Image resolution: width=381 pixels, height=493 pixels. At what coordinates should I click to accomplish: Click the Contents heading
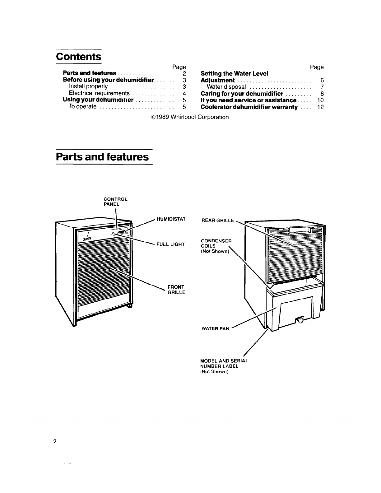tap(78, 57)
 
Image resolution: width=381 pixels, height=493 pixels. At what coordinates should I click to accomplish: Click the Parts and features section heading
tap(102, 157)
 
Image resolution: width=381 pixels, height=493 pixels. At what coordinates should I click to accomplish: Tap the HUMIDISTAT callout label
tap(171, 219)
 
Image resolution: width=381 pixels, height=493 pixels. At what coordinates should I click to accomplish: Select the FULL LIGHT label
tap(170, 244)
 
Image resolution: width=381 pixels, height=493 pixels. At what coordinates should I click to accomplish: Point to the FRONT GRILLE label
tap(176, 290)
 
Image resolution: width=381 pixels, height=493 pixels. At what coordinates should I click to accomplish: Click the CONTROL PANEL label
tap(115, 202)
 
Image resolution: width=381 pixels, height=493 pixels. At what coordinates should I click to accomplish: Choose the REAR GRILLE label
tap(218, 220)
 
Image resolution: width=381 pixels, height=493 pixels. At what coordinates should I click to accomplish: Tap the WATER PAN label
tap(215, 328)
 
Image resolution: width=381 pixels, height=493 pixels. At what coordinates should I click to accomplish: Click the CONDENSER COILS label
tap(216, 246)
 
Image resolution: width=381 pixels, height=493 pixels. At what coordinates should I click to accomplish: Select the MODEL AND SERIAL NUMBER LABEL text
tap(224, 366)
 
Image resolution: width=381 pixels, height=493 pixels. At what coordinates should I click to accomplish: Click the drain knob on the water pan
tap(300, 320)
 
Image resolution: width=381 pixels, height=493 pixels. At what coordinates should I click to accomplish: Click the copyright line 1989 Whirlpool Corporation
tap(190, 117)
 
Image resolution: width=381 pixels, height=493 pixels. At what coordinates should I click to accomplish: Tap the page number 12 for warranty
tap(320, 107)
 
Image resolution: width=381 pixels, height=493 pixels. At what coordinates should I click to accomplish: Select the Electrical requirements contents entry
tap(99, 93)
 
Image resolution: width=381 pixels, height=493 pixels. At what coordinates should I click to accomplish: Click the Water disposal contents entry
tap(226, 87)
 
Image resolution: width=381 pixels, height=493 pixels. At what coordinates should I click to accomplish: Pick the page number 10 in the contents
tap(320, 100)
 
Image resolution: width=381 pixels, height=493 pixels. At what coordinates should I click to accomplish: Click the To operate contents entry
tap(82, 106)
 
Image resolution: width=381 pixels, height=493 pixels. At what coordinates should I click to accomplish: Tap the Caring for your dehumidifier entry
tap(242, 94)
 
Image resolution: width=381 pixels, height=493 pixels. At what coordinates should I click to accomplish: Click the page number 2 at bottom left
tap(55, 441)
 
